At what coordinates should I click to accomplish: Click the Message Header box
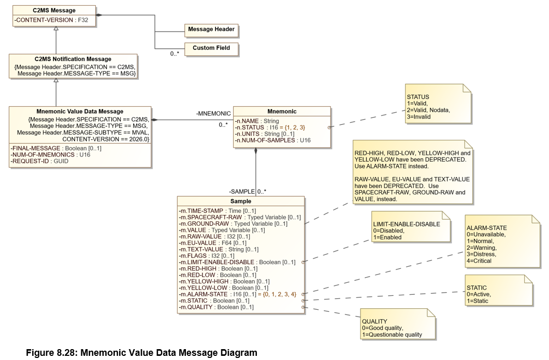click(211, 30)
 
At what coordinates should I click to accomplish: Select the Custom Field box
click(211, 49)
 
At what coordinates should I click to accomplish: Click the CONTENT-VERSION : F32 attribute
click(51, 20)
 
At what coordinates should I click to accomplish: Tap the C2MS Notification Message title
click(73, 59)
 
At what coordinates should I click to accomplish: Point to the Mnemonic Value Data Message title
click(80, 111)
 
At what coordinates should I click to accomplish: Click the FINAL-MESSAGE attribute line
click(56, 149)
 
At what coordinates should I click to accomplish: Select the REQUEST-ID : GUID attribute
click(39, 161)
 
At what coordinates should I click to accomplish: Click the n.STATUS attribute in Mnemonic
click(270, 127)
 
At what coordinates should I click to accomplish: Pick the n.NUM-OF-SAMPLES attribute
click(273, 140)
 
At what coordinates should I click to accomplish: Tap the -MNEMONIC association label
click(213, 113)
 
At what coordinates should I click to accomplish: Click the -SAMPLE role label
click(242, 192)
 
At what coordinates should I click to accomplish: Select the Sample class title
click(241, 201)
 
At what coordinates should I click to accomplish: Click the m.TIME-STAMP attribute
click(218, 211)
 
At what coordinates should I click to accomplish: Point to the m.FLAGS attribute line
click(207, 256)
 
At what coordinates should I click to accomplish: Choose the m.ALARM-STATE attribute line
click(238, 294)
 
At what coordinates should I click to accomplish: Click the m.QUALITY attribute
click(216, 307)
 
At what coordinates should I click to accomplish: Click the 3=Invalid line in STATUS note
click(419, 117)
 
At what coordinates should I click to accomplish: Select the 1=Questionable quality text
click(392, 335)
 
